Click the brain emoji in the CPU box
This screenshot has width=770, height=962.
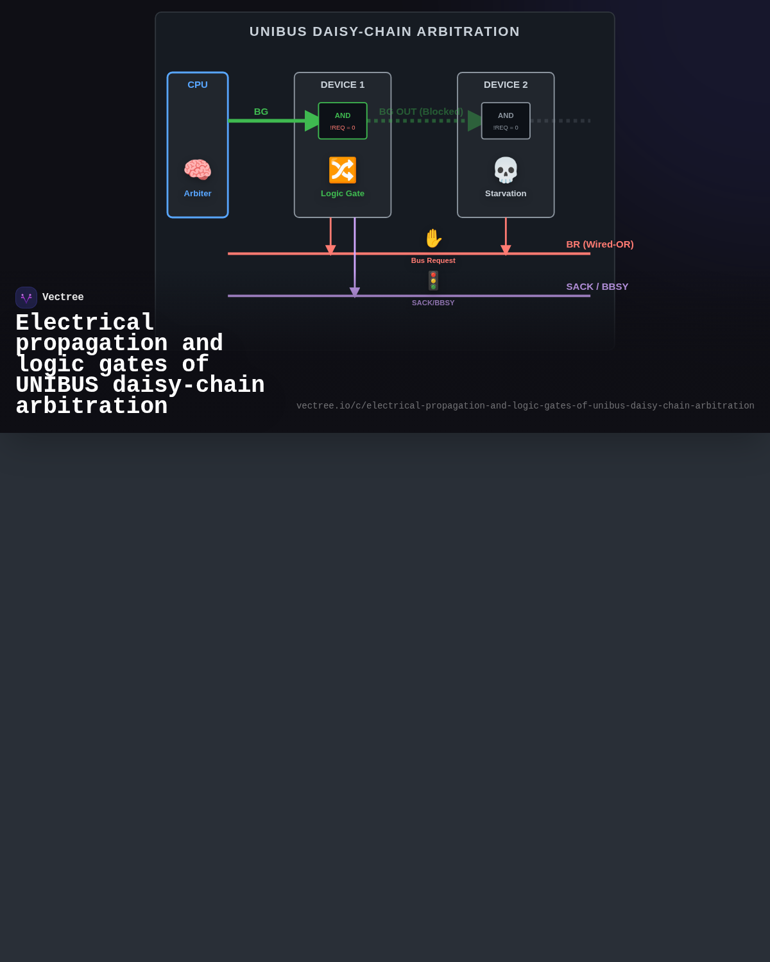click(x=197, y=170)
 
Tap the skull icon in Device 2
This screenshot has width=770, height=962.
click(x=506, y=170)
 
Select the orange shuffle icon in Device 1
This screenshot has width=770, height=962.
click(x=342, y=170)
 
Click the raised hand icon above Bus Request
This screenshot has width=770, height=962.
click(x=433, y=239)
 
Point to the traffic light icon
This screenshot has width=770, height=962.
click(x=433, y=281)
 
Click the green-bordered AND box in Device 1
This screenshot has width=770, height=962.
click(x=343, y=121)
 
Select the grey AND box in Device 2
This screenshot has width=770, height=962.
click(x=506, y=121)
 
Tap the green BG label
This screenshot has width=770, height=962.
click(x=261, y=112)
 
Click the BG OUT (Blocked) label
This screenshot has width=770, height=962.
click(x=421, y=112)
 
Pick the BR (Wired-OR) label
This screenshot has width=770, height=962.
click(x=600, y=244)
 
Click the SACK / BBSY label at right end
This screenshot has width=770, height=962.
click(x=597, y=287)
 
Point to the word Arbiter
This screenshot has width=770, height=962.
click(x=197, y=194)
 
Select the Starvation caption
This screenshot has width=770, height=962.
click(x=506, y=194)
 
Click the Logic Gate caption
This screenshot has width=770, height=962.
click(x=342, y=194)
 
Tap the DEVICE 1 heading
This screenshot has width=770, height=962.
click(x=342, y=85)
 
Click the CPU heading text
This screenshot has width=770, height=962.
click(x=197, y=85)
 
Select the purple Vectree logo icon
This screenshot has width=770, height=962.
click(x=26, y=298)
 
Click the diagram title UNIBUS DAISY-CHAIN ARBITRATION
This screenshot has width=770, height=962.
click(x=385, y=31)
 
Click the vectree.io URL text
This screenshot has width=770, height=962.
click(x=526, y=405)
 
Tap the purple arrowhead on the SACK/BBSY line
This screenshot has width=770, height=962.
click(x=355, y=292)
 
